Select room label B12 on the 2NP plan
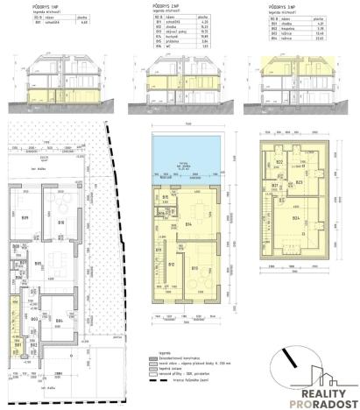171,265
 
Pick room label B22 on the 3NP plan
279,163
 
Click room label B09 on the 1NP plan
25,216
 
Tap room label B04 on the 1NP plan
59,322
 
